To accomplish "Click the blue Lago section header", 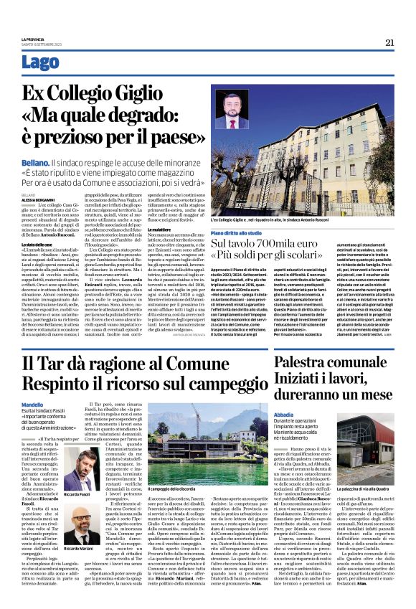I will point(40,62).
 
